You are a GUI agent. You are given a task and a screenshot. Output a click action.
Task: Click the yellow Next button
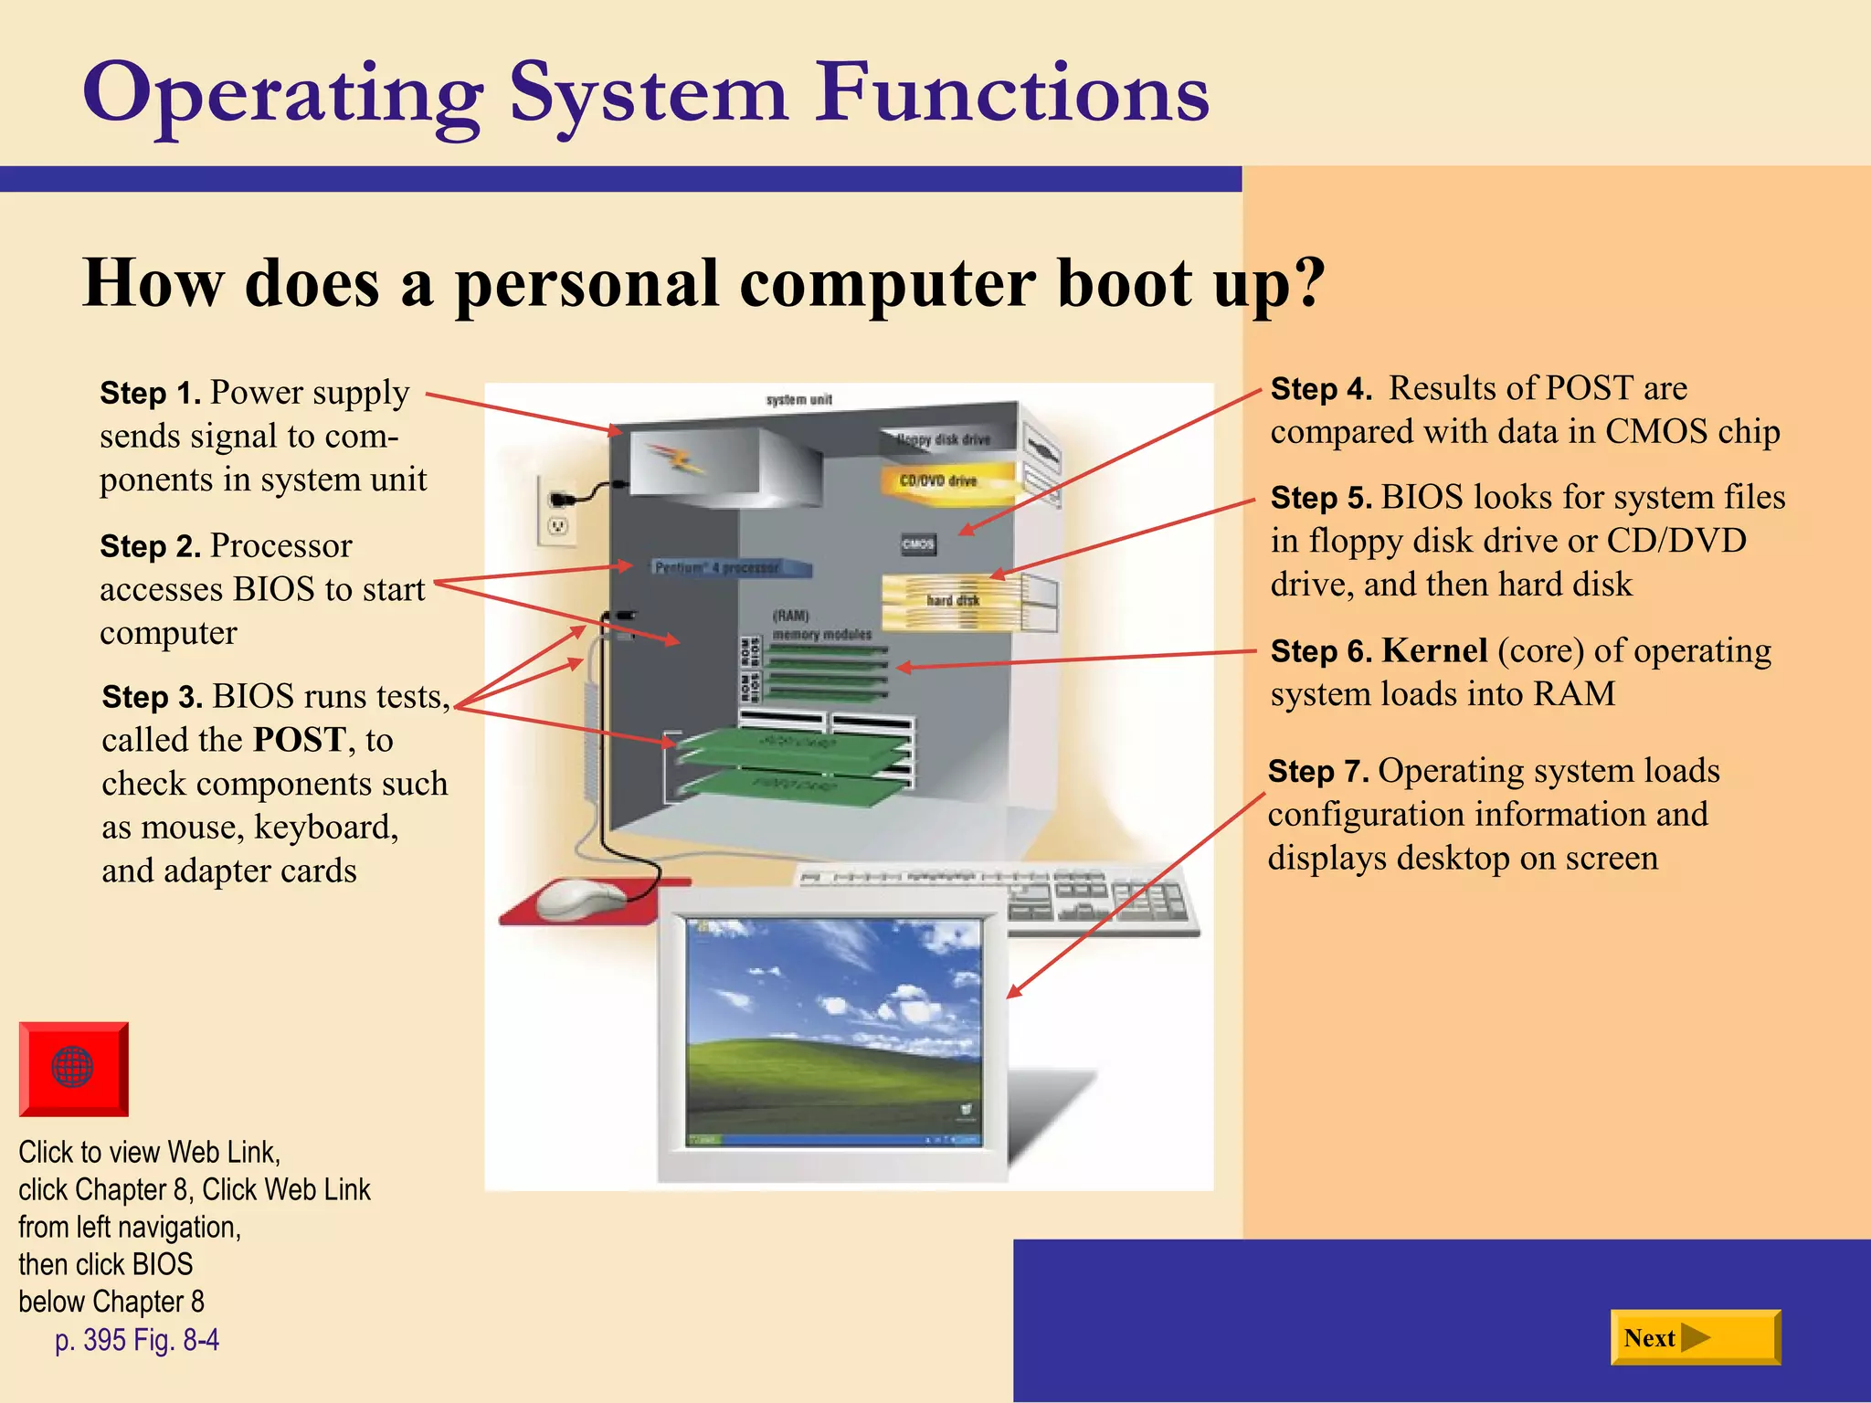[x=1695, y=1337]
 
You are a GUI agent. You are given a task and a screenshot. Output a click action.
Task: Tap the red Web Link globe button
[x=73, y=1068]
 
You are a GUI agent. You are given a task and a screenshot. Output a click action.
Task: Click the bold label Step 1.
[x=150, y=393]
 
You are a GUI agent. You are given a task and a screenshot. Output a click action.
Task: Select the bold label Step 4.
[x=1321, y=389]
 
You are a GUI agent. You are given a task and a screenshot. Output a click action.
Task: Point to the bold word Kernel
[x=1434, y=650]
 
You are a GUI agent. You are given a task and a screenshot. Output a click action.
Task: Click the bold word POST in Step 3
[x=300, y=739]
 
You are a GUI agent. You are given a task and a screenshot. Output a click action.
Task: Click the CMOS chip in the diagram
[x=918, y=544]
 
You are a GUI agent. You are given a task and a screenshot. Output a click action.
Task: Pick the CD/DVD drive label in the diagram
[x=938, y=480]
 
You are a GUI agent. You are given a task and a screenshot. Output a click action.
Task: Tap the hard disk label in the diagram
[x=952, y=600]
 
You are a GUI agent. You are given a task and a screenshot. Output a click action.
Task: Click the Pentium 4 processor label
[x=718, y=568]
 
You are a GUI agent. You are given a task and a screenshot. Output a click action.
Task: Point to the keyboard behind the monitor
[x=1096, y=895]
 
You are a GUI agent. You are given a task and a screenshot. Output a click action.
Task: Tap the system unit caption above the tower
[x=798, y=400]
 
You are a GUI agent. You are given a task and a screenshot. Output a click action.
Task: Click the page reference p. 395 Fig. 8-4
[x=137, y=1340]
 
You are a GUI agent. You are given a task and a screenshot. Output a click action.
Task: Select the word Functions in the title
[x=1012, y=93]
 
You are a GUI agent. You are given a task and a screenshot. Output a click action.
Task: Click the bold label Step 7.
[x=1317, y=772]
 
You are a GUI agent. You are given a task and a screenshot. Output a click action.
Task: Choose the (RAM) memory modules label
[x=820, y=626]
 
